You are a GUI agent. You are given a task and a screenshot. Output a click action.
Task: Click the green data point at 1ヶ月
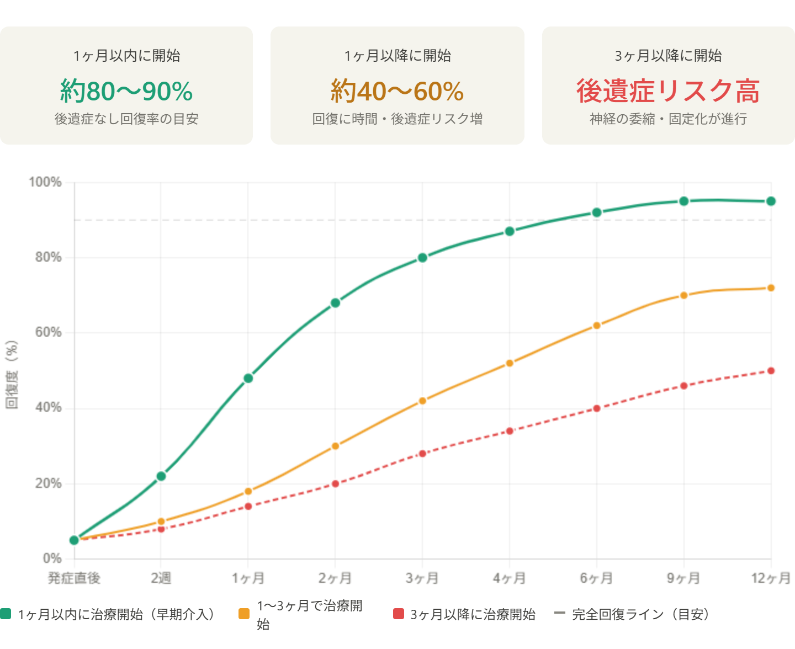click(x=248, y=378)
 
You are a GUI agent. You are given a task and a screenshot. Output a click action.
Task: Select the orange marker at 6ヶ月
click(x=597, y=326)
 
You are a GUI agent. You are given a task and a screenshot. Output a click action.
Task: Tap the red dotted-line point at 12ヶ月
click(x=771, y=371)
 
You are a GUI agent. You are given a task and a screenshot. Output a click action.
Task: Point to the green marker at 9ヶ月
click(x=684, y=201)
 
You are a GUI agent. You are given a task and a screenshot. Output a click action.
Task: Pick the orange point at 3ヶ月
click(x=423, y=401)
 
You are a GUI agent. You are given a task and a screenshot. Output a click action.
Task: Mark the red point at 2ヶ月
click(x=336, y=483)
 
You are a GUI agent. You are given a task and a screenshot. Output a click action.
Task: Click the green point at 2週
click(x=161, y=476)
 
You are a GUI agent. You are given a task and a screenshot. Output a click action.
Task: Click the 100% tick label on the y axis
click(x=46, y=182)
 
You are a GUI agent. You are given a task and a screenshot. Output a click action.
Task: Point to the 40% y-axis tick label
click(x=49, y=408)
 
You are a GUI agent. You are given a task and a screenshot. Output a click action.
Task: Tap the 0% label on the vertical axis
click(x=52, y=558)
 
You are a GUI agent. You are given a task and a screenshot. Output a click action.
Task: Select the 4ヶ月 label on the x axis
click(x=510, y=578)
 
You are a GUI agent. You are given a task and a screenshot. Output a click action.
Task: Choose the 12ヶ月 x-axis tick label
click(x=771, y=578)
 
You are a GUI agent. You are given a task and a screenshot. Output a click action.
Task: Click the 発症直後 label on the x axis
click(x=74, y=578)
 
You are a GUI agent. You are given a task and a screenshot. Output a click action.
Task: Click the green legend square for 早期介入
click(x=6, y=614)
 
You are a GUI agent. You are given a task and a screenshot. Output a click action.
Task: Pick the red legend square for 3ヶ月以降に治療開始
click(x=399, y=614)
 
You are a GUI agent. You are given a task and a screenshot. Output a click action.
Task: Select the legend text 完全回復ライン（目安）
click(x=640, y=614)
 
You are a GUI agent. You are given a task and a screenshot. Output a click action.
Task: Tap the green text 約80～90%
click(x=126, y=91)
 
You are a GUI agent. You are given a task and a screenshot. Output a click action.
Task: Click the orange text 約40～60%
click(x=397, y=91)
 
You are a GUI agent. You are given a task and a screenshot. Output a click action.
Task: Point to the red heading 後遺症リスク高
click(x=668, y=91)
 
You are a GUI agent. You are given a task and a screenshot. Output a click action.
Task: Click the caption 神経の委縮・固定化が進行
click(x=668, y=119)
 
